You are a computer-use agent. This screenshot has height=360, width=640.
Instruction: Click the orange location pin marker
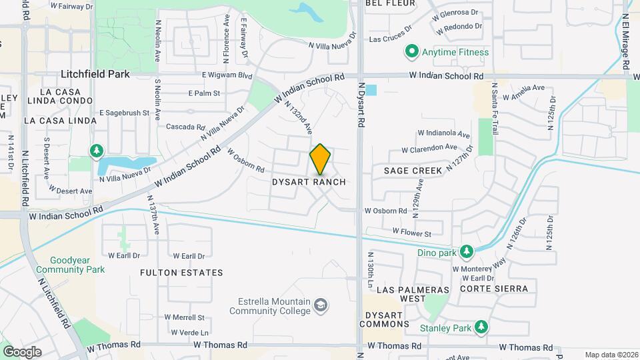click(321, 159)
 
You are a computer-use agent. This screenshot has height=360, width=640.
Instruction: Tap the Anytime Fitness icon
click(412, 52)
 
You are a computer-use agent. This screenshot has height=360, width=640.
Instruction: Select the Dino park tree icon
click(467, 252)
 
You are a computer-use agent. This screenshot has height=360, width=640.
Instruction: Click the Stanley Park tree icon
click(480, 327)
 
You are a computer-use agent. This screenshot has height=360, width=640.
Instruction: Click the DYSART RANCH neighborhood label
click(309, 182)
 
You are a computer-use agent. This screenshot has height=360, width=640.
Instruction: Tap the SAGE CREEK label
click(413, 171)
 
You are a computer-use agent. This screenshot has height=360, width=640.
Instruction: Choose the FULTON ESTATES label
click(181, 273)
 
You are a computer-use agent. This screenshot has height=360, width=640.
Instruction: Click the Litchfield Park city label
click(95, 74)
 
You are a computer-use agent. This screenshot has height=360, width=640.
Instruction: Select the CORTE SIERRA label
click(493, 289)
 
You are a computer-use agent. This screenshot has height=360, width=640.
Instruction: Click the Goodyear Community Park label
click(71, 265)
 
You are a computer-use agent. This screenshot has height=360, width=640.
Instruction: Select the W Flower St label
click(412, 232)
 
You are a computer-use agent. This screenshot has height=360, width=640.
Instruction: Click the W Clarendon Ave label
click(430, 147)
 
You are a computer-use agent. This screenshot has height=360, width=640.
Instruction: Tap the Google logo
click(22, 351)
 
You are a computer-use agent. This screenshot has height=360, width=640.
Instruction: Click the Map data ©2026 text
click(611, 355)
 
